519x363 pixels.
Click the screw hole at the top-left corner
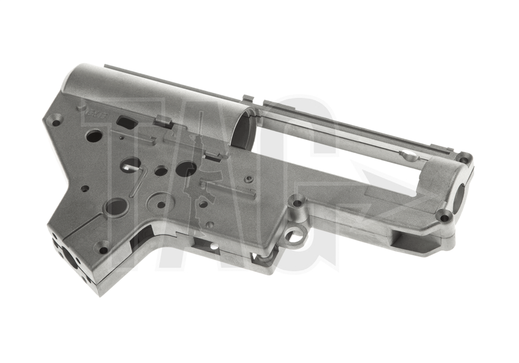(x=56, y=118)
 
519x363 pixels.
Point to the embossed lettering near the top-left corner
(x=90, y=112)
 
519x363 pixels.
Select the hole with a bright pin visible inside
(x=132, y=164)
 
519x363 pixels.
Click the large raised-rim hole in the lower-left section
(x=117, y=206)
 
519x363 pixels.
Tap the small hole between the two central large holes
(x=161, y=171)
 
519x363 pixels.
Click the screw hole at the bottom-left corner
(x=103, y=249)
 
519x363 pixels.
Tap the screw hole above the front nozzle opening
(x=463, y=157)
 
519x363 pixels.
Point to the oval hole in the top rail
(x=409, y=158)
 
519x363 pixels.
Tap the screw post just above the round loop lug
(x=299, y=202)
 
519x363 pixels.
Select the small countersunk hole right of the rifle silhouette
(x=248, y=179)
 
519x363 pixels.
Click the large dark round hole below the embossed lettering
(x=94, y=135)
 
